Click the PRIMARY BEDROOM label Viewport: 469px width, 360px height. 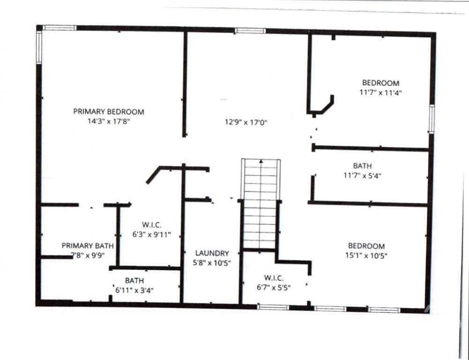tap(109, 112)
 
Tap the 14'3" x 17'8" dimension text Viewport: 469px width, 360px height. tap(109, 121)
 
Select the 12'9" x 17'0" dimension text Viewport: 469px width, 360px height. tap(246, 122)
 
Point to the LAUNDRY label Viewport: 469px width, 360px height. tap(212, 253)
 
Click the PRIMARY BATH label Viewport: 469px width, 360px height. tap(88, 246)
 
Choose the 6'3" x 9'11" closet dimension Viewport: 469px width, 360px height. tap(152, 234)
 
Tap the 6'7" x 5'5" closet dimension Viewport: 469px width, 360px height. tap(274, 288)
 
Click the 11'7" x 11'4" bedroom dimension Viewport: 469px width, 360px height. tap(380, 92)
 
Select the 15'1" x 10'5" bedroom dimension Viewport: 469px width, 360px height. tap(366, 255)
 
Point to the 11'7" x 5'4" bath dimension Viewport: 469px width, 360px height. tap(363, 175)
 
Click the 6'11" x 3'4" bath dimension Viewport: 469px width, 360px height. tap(134, 290)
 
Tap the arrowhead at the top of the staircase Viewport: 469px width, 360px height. tap(261, 161)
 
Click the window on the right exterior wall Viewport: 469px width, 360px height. tap(432, 119)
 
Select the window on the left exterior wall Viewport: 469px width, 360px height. tap(39, 47)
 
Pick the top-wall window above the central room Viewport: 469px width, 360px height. tap(250, 30)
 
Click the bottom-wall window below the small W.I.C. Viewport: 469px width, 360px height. tap(273, 307)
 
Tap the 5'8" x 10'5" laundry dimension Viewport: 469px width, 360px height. tap(212, 263)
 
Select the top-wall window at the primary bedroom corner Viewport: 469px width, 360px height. tap(60, 28)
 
